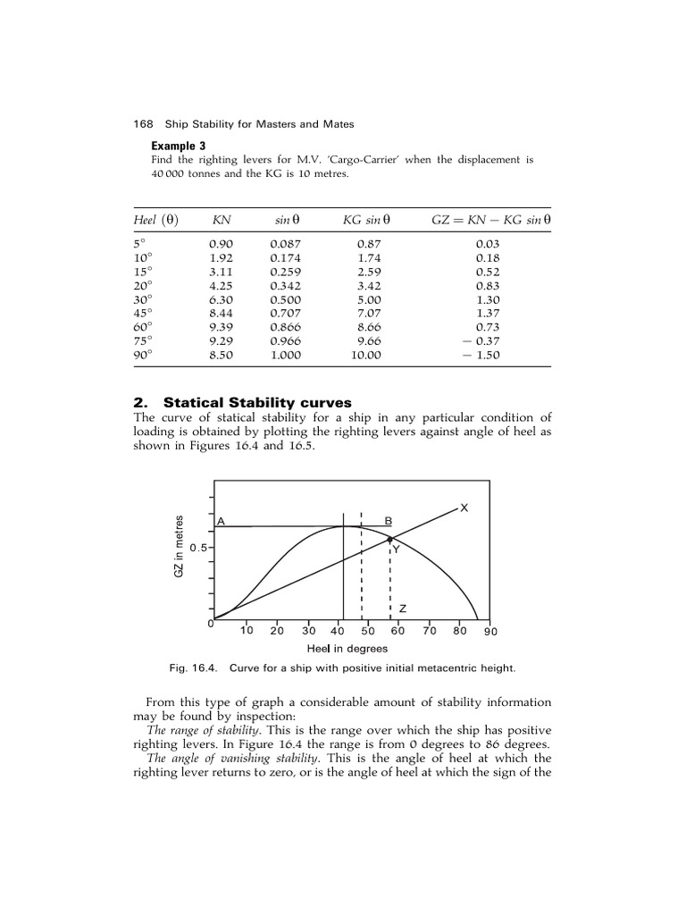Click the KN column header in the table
[x=221, y=219]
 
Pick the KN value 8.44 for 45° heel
[x=221, y=314]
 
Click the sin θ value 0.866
[x=286, y=328]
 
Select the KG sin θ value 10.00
[x=366, y=355]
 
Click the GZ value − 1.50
[x=486, y=355]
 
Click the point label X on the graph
[x=464, y=508]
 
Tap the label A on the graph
[x=221, y=521]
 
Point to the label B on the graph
[x=388, y=521]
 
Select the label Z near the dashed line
[x=403, y=609]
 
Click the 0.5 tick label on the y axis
[x=196, y=548]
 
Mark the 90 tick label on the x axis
[x=490, y=631]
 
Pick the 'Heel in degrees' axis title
[x=347, y=649]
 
